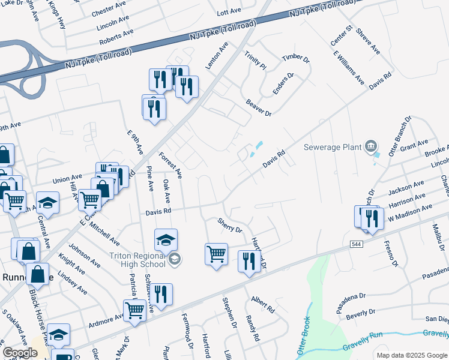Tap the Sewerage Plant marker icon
[x=371, y=146]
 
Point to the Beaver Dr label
[x=259, y=107]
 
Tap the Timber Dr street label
[x=295, y=58]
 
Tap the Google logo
[x=20, y=353]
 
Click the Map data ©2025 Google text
[x=411, y=355]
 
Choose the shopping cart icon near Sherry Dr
[x=216, y=253]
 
